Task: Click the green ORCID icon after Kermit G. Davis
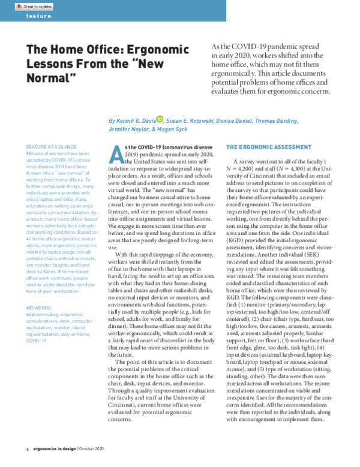(160, 119)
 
